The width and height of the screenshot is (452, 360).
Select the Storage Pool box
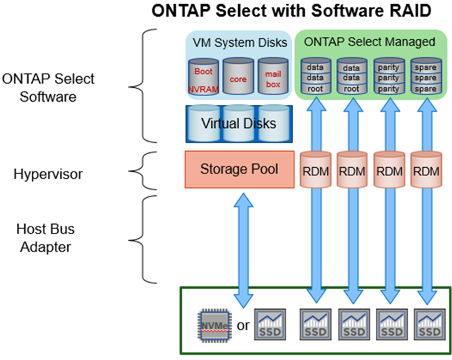pyautogui.click(x=239, y=169)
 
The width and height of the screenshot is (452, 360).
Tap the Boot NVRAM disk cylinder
pyautogui.click(x=203, y=78)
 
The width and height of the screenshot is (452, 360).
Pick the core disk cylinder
pyautogui.click(x=239, y=78)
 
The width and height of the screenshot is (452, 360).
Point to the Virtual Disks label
pyautogui.click(x=238, y=123)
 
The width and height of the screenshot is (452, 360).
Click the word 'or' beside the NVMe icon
pyautogui.click(x=244, y=326)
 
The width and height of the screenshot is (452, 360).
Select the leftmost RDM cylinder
pyautogui.click(x=315, y=170)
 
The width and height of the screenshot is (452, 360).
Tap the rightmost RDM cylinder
pyautogui.click(x=426, y=170)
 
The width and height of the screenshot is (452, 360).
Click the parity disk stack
pyautogui.click(x=389, y=78)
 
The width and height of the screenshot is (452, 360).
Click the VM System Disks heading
pyautogui.click(x=239, y=42)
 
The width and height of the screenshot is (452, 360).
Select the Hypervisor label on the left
pyautogui.click(x=49, y=175)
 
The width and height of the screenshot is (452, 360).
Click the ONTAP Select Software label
pyautogui.click(x=48, y=88)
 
